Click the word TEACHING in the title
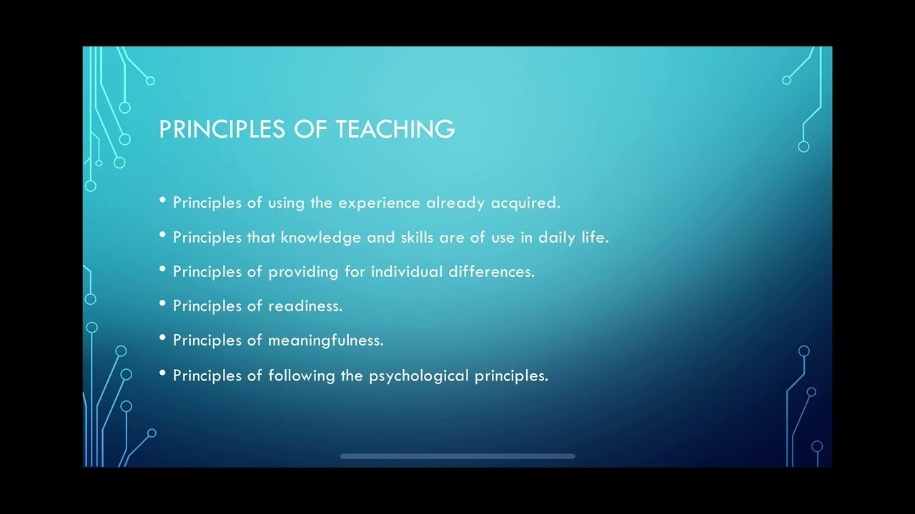pyautogui.click(x=395, y=129)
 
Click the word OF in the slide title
pyautogui.click(x=310, y=129)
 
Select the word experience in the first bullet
pyautogui.click(x=379, y=203)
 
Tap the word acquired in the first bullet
pyautogui.click(x=525, y=203)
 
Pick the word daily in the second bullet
pyautogui.click(x=557, y=237)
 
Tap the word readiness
pyautogui.click(x=305, y=306)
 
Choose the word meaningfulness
pyautogui.click(x=325, y=341)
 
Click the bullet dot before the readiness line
pyautogui.click(x=163, y=303)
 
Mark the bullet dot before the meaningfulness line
pyautogui.click(x=163, y=338)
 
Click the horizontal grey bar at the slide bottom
pyautogui.click(x=457, y=456)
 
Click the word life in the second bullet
pyautogui.click(x=595, y=237)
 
